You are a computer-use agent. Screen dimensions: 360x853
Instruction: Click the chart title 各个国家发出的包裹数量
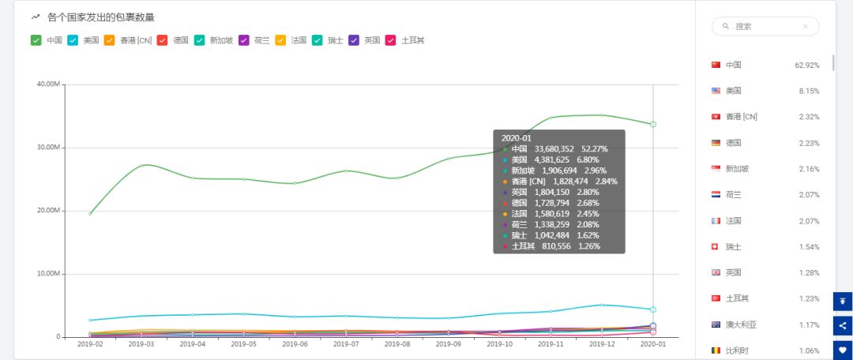tap(100, 17)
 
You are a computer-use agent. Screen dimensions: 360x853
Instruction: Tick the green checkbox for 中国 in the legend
tap(36, 40)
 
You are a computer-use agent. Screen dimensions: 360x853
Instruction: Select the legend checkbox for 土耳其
tap(389, 40)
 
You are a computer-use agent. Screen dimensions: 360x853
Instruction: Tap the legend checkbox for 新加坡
tap(199, 40)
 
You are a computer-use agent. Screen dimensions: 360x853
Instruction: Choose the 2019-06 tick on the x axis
tap(295, 345)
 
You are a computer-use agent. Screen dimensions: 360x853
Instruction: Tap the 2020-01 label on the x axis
tap(652, 345)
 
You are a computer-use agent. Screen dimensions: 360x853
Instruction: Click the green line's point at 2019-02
tap(90, 213)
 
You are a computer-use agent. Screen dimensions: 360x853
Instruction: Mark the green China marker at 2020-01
tap(653, 125)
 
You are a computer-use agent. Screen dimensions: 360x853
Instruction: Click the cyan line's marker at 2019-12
tap(602, 305)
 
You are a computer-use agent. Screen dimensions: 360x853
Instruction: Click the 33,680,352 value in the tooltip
tap(556, 148)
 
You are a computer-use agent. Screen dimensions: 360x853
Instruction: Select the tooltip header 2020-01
tap(517, 137)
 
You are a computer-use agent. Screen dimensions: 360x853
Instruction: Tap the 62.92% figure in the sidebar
tap(806, 65)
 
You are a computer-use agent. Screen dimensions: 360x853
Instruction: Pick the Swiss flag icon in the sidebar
tap(716, 247)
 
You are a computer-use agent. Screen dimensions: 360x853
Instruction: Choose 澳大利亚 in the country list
tap(742, 324)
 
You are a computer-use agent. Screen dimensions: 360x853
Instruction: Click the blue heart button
tap(843, 350)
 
